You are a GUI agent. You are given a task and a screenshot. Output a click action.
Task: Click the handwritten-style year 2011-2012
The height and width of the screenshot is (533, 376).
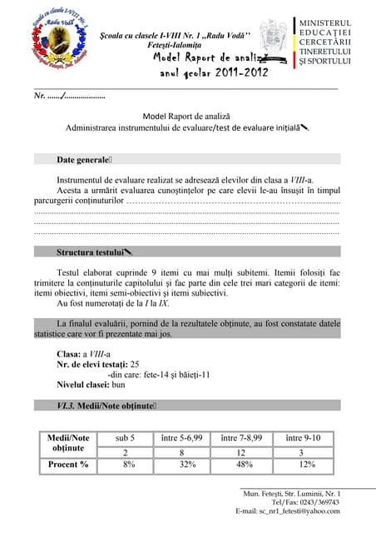(x=214, y=72)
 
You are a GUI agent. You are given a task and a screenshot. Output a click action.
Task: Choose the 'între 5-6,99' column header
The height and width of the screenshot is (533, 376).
(x=181, y=438)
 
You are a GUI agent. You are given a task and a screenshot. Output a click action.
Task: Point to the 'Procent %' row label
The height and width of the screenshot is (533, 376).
(x=68, y=465)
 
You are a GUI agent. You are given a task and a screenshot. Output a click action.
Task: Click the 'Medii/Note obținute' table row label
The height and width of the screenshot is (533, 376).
(x=68, y=443)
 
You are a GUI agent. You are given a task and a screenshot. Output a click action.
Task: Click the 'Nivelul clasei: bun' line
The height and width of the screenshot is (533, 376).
(x=90, y=385)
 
